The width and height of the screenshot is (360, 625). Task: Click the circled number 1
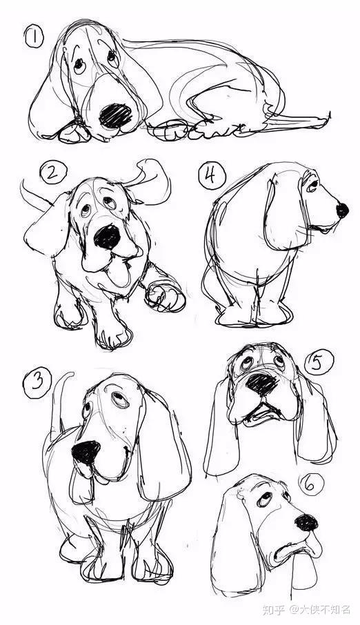click(x=34, y=37)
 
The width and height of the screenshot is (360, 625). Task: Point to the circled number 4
click(x=212, y=175)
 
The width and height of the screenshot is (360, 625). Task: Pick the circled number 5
click(x=319, y=363)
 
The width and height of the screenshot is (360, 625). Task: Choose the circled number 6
click(x=310, y=485)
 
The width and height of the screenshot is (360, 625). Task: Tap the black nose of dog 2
click(x=108, y=237)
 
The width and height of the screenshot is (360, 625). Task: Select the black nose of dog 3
click(x=86, y=452)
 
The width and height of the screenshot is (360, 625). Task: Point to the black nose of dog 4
click(x=342, y=210)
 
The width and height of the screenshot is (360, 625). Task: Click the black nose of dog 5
click(x=262, y=384)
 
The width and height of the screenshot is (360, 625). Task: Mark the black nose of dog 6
click(x=306, y=522)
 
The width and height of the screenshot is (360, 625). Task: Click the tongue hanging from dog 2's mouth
click(x=119, y=272)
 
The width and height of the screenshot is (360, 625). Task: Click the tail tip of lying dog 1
click(x=328, y=116)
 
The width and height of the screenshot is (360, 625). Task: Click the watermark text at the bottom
click(x=306, y=609)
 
